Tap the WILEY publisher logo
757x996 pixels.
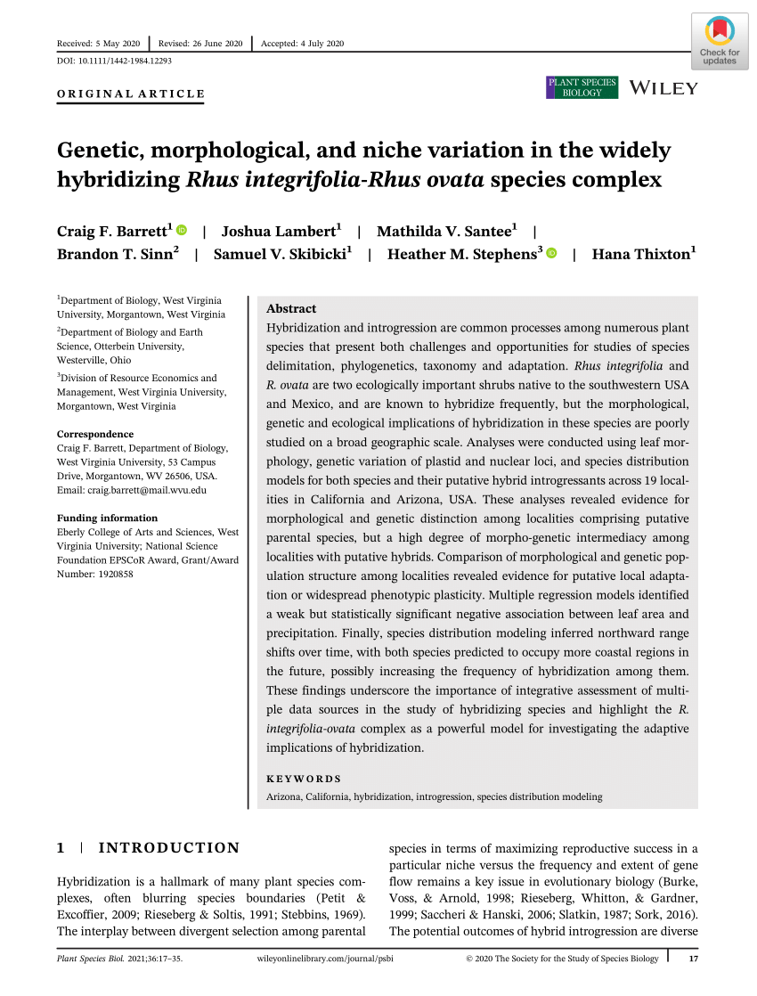point(663,87)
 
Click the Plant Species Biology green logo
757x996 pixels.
point(582,87)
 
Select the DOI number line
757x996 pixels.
point(114,61)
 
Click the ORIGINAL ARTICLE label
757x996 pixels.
point(130,94)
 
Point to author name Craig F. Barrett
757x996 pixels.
point(114,232)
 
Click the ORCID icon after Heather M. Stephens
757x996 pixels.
point(550,254)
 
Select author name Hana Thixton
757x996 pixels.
point(641,254)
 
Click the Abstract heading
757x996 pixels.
point(291,308)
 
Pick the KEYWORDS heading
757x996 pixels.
point(304,778)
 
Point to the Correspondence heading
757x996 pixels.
point(96,435)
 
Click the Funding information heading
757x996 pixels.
point(107,518)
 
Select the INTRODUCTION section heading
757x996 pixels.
point(168,848)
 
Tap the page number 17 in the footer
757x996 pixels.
point(693,959)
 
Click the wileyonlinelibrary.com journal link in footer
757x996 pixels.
point(324,959)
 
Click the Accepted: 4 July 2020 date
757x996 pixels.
point(302,44)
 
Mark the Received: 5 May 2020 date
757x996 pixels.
point(98,44)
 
